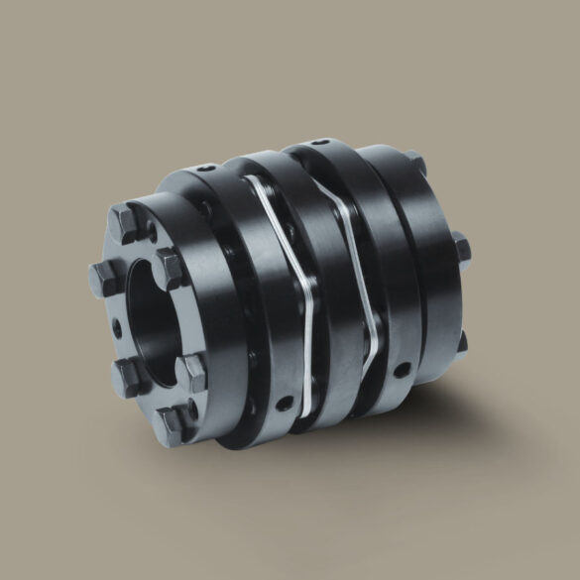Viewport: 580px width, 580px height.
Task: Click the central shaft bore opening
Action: (149, 317)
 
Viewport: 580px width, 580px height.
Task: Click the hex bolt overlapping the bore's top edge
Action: (170, 266)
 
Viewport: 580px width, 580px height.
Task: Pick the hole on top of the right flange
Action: (315, 145)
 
